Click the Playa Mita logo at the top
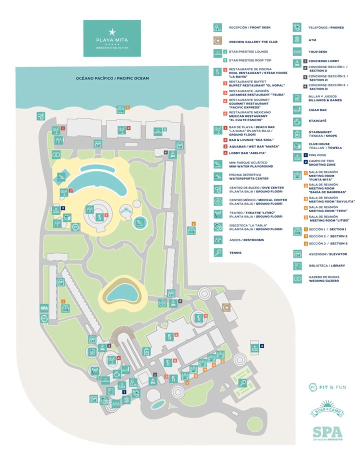pos(112,38)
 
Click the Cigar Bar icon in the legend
pos(297,109)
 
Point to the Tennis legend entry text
pos(235,253)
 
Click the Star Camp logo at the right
pos(326,408)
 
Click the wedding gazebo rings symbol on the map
pos(56,154)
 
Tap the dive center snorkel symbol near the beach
pos(40,116)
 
